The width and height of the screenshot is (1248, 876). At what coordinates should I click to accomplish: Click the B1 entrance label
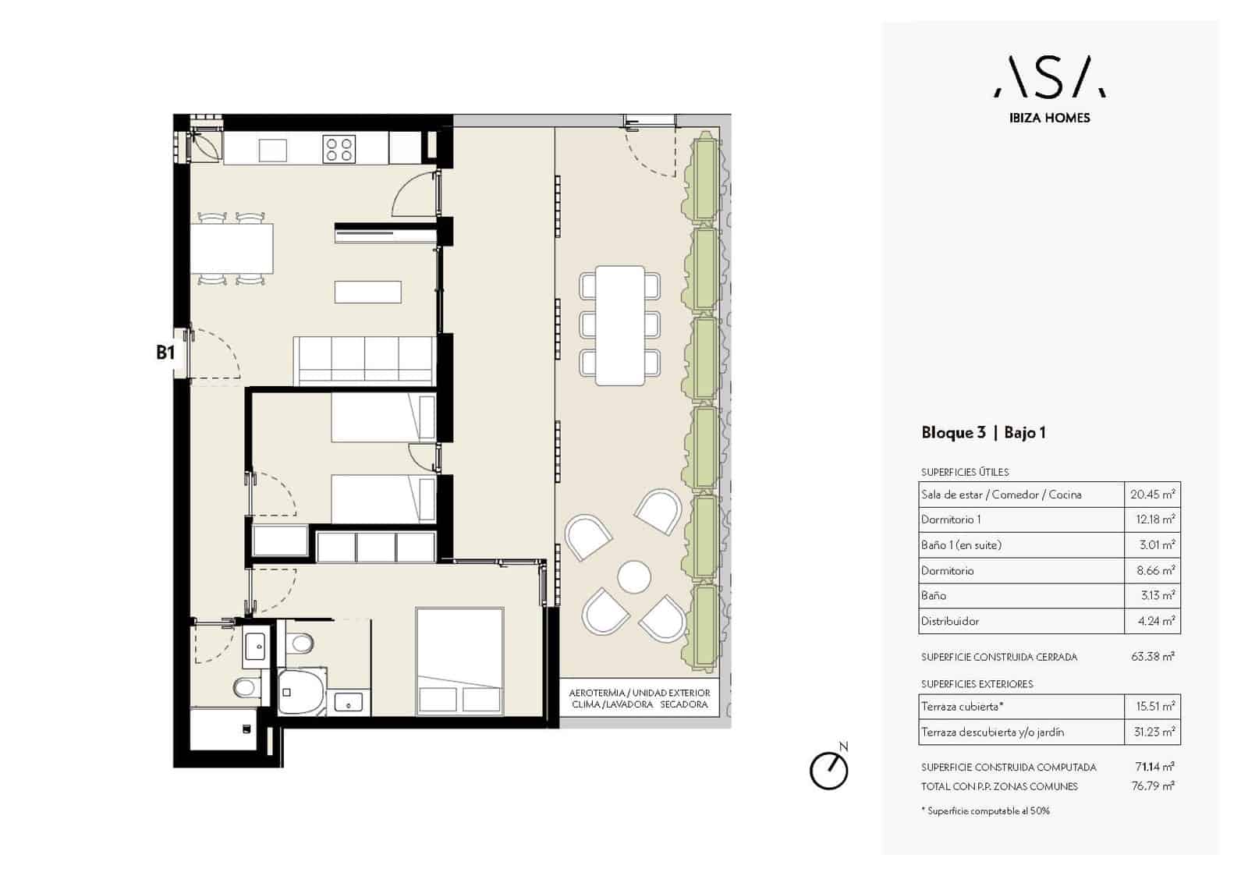165,353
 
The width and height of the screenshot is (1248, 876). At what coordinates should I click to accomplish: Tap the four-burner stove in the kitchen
339,149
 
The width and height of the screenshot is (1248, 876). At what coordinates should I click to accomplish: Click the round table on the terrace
634,576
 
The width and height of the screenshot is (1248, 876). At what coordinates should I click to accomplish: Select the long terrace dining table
619,325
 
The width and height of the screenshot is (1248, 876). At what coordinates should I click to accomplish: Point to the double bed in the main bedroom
459,661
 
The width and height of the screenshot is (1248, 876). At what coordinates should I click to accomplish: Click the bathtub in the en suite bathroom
302,692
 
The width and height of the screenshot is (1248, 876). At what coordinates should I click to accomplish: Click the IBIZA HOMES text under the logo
1050,118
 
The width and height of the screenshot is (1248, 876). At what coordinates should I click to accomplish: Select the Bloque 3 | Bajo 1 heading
984,432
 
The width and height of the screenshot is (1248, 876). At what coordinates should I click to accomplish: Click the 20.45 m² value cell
1152,495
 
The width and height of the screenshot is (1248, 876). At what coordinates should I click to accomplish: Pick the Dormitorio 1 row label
951,520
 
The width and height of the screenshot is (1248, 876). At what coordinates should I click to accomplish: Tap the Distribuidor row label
950,621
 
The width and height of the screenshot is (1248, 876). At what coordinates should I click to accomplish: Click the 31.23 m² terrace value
1154,732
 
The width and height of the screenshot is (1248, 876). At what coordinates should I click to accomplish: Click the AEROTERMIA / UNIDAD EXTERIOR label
639,693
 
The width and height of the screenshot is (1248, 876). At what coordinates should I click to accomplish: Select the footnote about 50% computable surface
985,810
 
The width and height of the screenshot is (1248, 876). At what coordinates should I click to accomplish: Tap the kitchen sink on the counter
273,150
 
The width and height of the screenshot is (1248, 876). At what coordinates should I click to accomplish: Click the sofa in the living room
364,360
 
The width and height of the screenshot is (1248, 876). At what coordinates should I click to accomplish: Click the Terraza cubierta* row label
963,707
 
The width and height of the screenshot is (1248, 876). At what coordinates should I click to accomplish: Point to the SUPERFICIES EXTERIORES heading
977,684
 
